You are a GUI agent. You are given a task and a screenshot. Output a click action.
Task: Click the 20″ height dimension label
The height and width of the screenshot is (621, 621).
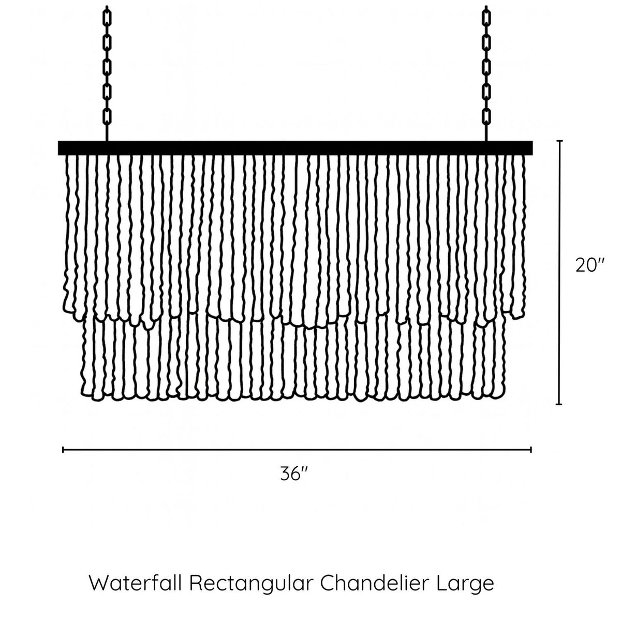(590, 265)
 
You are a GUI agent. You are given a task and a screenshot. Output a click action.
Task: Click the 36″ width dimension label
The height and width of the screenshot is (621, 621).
(294, 474)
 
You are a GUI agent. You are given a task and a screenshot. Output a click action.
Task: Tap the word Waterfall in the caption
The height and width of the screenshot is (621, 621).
(136, 583)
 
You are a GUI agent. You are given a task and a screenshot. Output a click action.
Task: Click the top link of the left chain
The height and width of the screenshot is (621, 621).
(107, 17)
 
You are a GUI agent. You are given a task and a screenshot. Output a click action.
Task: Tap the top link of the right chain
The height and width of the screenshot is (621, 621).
(486, 17)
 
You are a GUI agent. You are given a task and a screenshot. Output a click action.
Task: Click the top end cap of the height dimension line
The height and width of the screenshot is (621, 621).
(559, 141)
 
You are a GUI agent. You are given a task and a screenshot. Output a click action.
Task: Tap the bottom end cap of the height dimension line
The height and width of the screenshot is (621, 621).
(559, 404)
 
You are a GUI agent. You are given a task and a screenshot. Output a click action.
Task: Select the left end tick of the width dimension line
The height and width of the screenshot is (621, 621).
(63, 450)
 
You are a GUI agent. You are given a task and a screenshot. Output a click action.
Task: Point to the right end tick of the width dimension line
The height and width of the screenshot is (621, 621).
(531, 450)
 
